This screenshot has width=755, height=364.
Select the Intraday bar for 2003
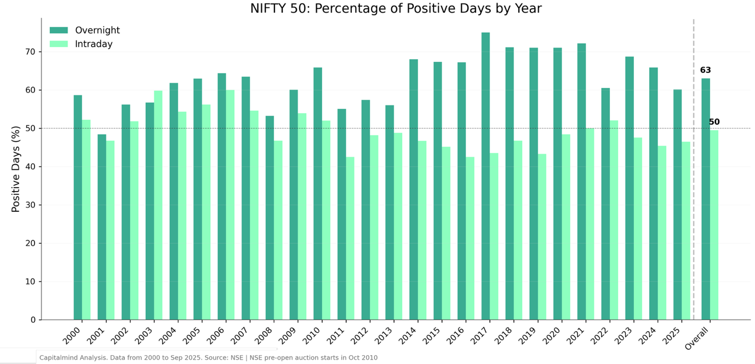pyautogui.click(x=158, y=205)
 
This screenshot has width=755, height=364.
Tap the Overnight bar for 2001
pyautogui.click(x=102, y=227)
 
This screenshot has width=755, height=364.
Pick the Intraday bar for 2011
pyautogui.click(x=350, y=239)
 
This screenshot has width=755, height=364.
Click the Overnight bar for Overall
pyautogui.click(x=706, y=199)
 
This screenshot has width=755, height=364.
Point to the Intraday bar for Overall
pyautogui.click(x=714, y=225)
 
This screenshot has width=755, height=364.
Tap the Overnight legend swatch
pyautogui.click(x=59, y=31)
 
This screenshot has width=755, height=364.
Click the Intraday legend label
pyautogui.click(x=94, y=44)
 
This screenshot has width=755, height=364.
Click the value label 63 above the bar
pyautogui.click(x=705, y=71)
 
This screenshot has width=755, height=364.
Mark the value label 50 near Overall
pyautogui.click(x=714, y=122)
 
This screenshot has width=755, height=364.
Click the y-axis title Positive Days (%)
pyautogui.click(x=16, y=169)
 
